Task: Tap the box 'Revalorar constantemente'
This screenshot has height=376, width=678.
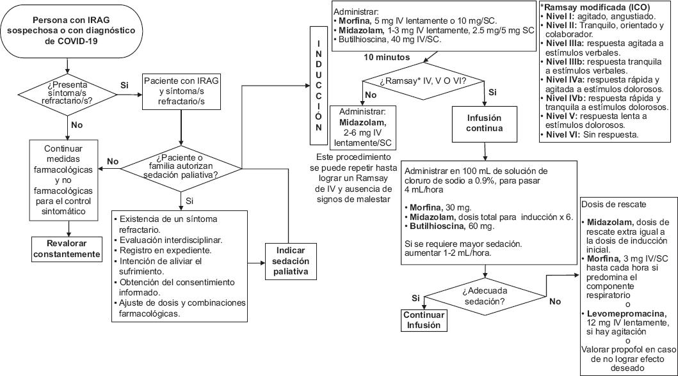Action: click(67, 248)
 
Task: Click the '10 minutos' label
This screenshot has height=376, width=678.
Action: click(386, 57)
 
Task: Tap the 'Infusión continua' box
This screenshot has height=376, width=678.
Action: click(484, 123)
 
